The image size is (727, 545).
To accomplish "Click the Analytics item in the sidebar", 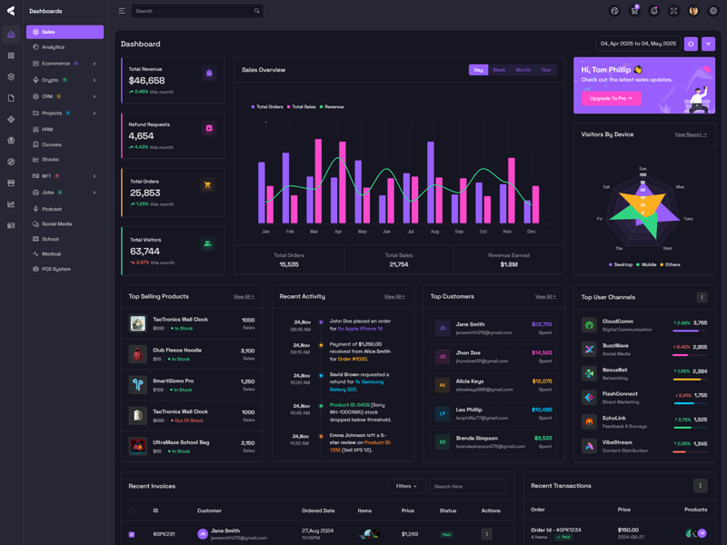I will point(53,47).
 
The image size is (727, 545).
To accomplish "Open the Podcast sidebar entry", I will point(52,209).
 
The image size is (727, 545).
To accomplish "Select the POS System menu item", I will point(55,269).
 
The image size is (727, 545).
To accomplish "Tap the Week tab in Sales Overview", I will point(499,70).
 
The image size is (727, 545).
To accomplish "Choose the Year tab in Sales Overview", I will point(545,70).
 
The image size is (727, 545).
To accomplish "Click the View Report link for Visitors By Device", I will point(691,134).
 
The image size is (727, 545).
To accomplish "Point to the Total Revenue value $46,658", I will point(146,81).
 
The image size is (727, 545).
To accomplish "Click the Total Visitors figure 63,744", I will point(144,252).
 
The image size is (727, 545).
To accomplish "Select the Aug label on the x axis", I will point(434,232).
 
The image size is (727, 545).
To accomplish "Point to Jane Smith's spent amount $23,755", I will point(542,324).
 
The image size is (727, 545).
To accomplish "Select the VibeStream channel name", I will point(618,443).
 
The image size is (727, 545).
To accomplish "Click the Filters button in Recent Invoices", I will point(405,486).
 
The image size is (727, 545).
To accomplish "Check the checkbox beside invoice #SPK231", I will point(132,534).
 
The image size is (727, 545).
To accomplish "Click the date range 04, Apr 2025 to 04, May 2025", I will point(638,44).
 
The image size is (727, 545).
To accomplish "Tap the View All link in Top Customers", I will point(545,296).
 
